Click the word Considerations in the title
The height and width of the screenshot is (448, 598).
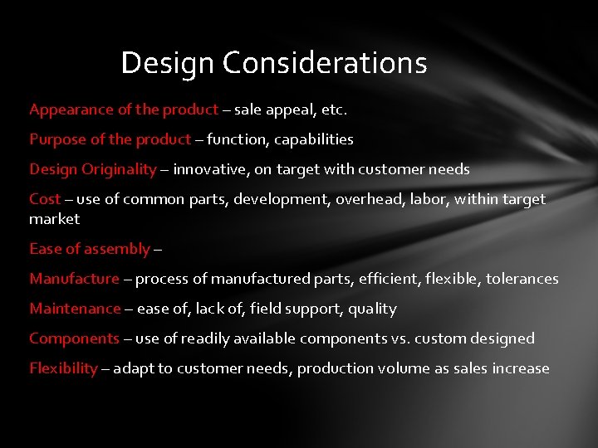tap(325, 63)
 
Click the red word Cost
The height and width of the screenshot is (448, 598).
tap(44, 199)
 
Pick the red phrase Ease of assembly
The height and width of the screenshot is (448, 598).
tap(90, 249)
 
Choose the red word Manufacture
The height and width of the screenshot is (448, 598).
tap(74, 279)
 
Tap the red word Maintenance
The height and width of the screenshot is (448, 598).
tap(75, 309)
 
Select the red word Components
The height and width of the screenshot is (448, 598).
tap(74, 338)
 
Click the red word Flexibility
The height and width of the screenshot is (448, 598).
tap(63, 368)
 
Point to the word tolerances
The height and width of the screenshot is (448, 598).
tap(522, 279)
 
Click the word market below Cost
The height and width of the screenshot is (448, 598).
tap(54, 219)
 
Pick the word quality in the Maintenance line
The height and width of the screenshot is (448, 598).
tap(373, 309)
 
